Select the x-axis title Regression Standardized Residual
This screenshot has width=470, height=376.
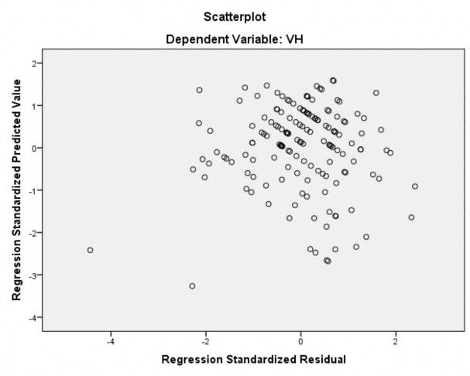[x=253, y=360]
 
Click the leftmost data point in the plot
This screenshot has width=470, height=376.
[x=90, y=250]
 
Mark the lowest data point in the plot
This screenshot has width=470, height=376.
[x=192, y=286]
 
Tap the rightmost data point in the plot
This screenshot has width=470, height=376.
[x=415, y=186]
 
